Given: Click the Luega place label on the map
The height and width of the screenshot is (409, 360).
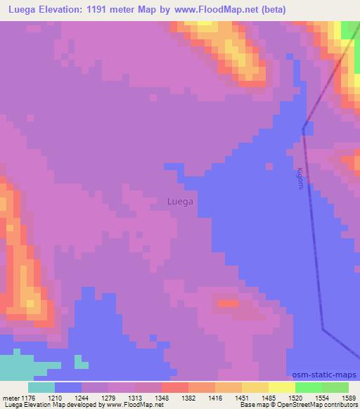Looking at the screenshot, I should click(180, 202).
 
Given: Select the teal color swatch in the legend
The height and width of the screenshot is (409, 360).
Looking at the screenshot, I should click(41, 387).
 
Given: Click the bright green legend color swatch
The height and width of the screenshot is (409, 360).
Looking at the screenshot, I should click(308, 387).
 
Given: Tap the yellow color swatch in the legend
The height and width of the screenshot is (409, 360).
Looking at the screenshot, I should click(255, 387).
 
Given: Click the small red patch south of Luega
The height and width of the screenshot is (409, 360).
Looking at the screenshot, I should click(226, 304).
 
